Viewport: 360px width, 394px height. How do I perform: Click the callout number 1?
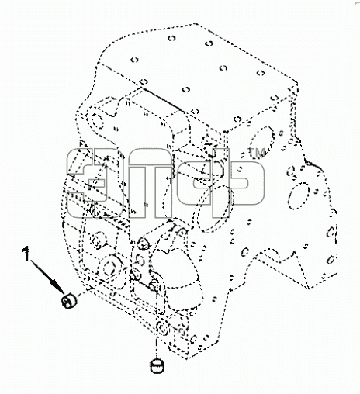[x=26, y=254]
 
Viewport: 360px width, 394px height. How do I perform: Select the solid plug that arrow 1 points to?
[x=68, y=301]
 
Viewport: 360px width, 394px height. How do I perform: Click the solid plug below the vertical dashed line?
[x=157, y=366]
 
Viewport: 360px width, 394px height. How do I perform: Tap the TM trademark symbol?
[x=258, y=152]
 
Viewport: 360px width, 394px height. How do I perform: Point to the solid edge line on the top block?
[x=162, y=100]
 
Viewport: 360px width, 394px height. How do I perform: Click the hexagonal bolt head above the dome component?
[x=143, y=243]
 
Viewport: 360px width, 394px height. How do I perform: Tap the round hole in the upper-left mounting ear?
[x=98, y=121]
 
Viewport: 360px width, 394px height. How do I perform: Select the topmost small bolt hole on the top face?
[x=171, y=39]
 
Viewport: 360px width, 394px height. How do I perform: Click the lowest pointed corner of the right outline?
[x=308, y=288]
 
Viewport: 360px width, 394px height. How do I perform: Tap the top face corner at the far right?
[x=297, y=84]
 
